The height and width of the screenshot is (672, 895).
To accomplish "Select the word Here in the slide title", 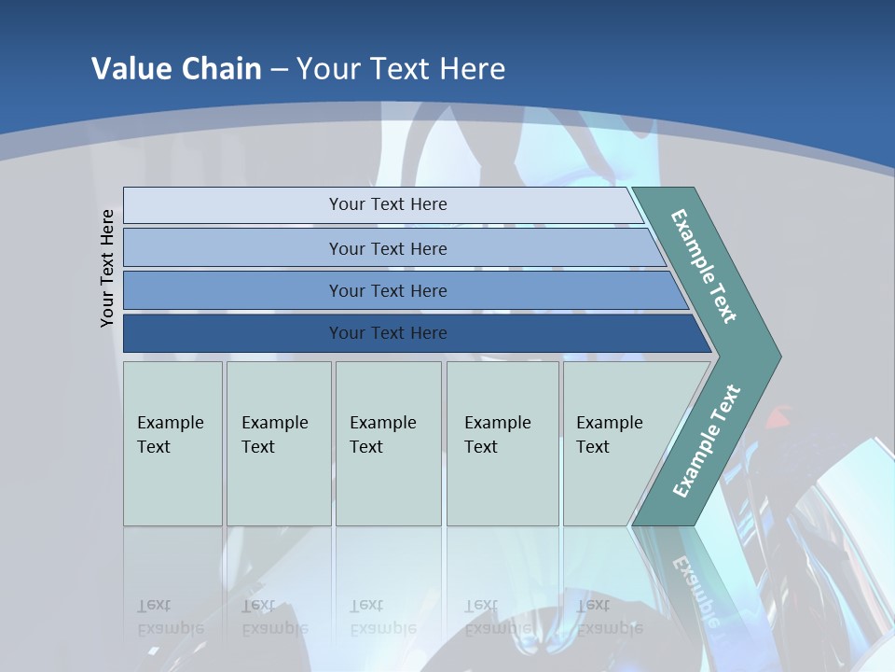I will pyautogui.click(x=472, y=69).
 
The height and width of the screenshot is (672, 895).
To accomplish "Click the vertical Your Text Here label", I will pyautogui.click(x=107, y=268).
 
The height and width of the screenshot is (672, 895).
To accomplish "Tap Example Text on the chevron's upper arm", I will pyautogui.click(x=704, y=266).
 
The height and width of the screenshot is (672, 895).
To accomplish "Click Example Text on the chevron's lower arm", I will pyautogui.click(x=707, y=441).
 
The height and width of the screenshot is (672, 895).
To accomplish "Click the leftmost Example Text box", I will pyautogui.click(x=172, y=443).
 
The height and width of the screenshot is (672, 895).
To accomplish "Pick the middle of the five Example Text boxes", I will pyautogui.click(x=388, y=443).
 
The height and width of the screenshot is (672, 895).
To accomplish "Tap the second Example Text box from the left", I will pyautogui.click(x=279, y=443).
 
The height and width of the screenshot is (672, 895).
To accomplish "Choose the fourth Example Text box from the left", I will pyautogui.click(x=503, y=443).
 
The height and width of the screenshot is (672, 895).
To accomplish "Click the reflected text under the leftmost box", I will pyautogui.click(x=170, y=617).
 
